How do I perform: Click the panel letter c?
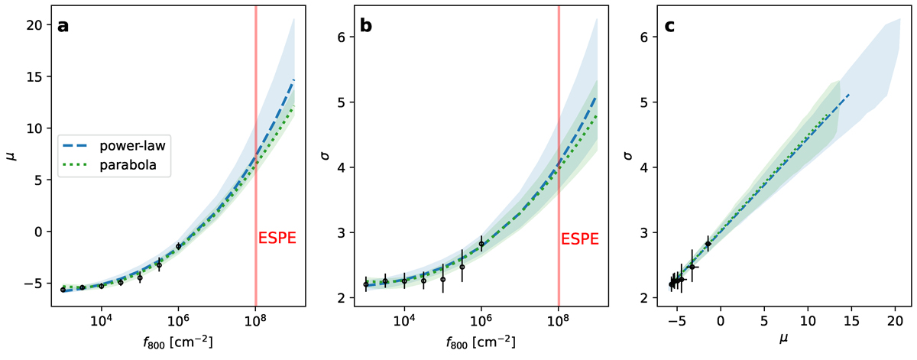point(669,26)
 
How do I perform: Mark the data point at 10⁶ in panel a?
point(179,246)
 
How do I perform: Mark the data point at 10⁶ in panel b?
point(481,244)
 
